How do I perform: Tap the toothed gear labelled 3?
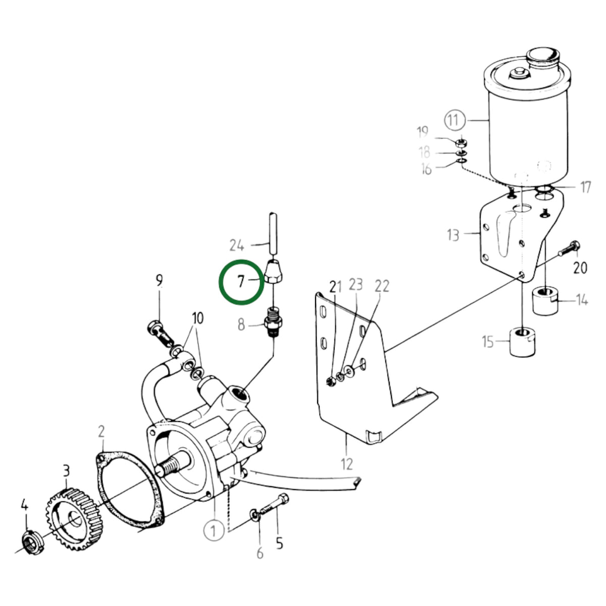[73, 519]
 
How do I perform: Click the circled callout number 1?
[214, 531]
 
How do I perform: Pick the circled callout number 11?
[454, 120]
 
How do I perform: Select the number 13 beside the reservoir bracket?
[453, 235]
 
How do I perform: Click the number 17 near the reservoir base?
[585, 187]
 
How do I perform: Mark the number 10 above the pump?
[197, 318]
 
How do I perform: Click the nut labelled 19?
[462, 143]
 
